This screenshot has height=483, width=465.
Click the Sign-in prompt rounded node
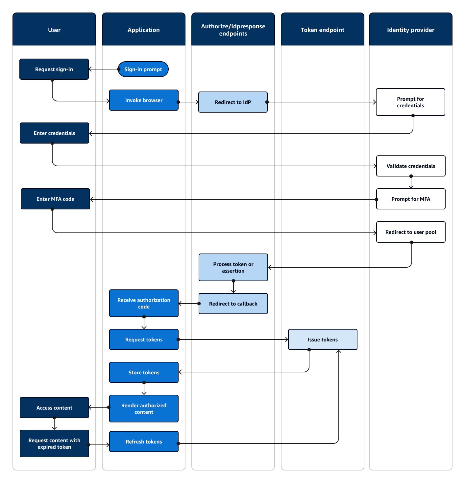pos(143,69)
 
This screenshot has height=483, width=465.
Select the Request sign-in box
pos(54,69)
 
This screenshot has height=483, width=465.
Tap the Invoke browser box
pos(144,100)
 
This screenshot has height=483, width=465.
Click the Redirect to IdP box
pos(233,102)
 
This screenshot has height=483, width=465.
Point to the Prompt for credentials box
pos(410,102)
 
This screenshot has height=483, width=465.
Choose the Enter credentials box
pos(54,133)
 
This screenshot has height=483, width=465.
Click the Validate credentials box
pos(411,166)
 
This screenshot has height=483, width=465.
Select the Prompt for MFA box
pos(411,199)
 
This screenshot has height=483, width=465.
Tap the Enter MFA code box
pos(55,199)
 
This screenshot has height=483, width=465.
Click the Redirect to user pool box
pos(411,232)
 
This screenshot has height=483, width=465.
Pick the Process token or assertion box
pos(233,267)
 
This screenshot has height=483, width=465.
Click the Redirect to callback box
pos(233,304)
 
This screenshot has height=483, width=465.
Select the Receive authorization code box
pos(144,303)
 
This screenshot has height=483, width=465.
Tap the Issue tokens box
pos(323,339)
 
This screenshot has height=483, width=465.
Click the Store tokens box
pos(144,372)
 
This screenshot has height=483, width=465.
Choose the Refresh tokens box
pos(144,442)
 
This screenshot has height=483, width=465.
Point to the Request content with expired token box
pos(54,443)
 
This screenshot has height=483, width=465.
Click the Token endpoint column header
pos(322,30)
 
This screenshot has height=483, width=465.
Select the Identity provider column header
pos(410,30)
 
